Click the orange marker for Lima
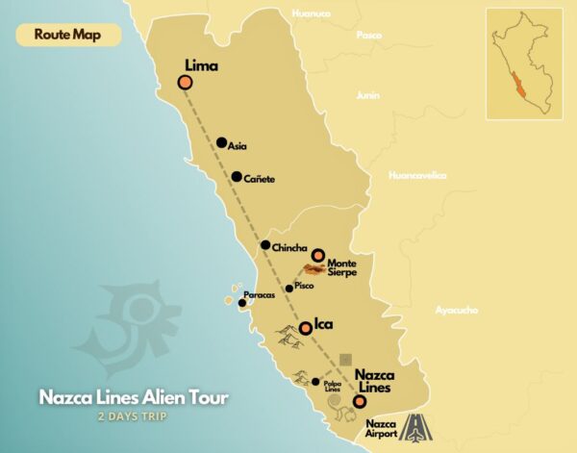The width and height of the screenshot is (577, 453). click(184, 83)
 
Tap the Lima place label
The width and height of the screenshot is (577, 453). click(202, 66)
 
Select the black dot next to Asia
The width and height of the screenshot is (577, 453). click(221, 142)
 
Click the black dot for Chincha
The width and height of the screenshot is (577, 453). click(264, 245)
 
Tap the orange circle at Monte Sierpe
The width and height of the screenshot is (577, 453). click(317, 255)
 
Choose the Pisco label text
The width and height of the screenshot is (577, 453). click(305, 287)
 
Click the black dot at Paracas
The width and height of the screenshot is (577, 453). click(242, 303)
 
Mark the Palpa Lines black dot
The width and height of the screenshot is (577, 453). click(315, 382)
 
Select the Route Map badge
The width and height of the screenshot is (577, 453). click(68, 34)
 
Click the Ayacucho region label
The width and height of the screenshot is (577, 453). click(457, 310)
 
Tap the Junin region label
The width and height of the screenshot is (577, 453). click(367, 95)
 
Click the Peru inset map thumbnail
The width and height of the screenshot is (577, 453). click(524, 63)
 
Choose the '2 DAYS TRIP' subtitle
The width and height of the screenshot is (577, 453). click(134, 416)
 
